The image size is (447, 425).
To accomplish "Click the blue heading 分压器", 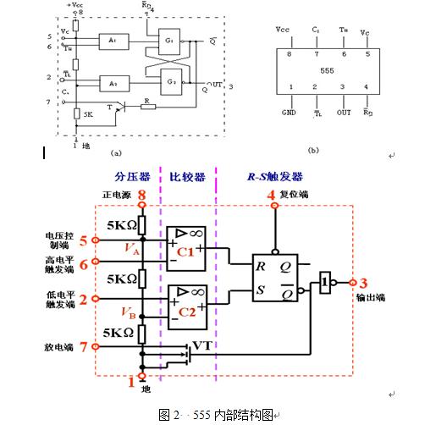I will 131,177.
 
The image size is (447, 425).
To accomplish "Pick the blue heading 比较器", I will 186,177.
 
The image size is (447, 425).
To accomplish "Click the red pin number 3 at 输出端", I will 364,283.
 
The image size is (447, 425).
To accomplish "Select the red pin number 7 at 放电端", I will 83,346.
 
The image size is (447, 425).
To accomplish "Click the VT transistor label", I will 203,345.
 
